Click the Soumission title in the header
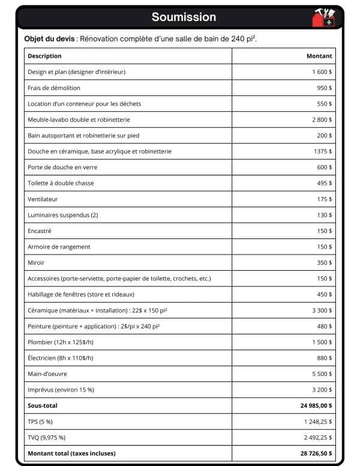pos(184,17)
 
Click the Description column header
pos(44,56)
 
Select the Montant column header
pos(319,56)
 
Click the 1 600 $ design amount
pos(322,72)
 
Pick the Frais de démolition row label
pos(54,88)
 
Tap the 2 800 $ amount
pos(322,120)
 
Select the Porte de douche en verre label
pos(62,167)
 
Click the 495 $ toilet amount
pos(324,183)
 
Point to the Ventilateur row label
pos(43,199)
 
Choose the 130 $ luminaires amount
pos(324,215)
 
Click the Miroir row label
pos(36,262)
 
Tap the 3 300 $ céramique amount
pos(322,310)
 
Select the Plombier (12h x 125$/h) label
pos(61,342)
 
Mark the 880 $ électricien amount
pos(324,358)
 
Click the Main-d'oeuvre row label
pos(47,374)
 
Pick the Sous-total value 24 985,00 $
pos(316,406)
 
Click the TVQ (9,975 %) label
pos(47,437)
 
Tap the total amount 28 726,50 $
pos(316,453)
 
